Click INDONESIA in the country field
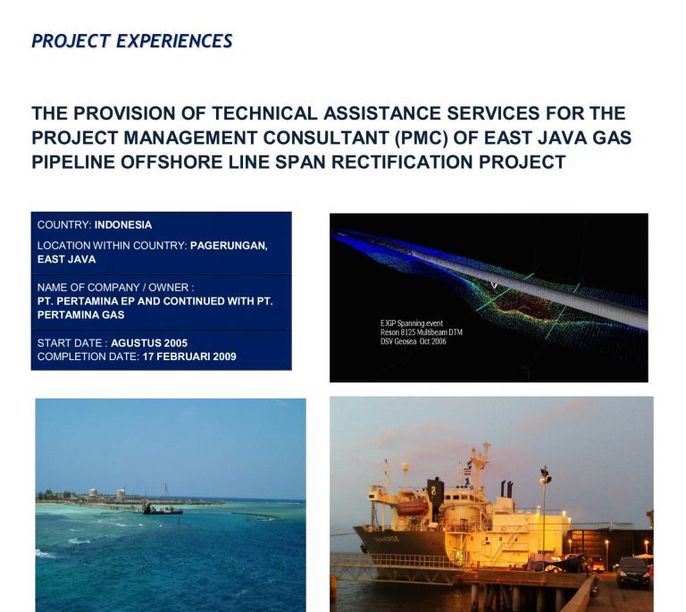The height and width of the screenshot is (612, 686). pyautogui.click(x=123, y=225)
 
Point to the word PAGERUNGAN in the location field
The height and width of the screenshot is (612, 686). pyautogui.click(x=229, y=245)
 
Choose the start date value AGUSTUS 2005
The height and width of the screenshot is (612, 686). pyautogui.click(x=149, y=343)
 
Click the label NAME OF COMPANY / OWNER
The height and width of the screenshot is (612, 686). pyautogui.click(x=115, y=288)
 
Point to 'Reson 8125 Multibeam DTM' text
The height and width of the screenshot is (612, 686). pyautogui.click(x=422, y=332)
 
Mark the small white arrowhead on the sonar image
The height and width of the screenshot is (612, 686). pyautogui.click(x=494, y=286)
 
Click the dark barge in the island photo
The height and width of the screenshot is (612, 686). pyautogui.click(x=162, y=509)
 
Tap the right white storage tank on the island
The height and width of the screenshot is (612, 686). pyautogui.click(x=121, y=493)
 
